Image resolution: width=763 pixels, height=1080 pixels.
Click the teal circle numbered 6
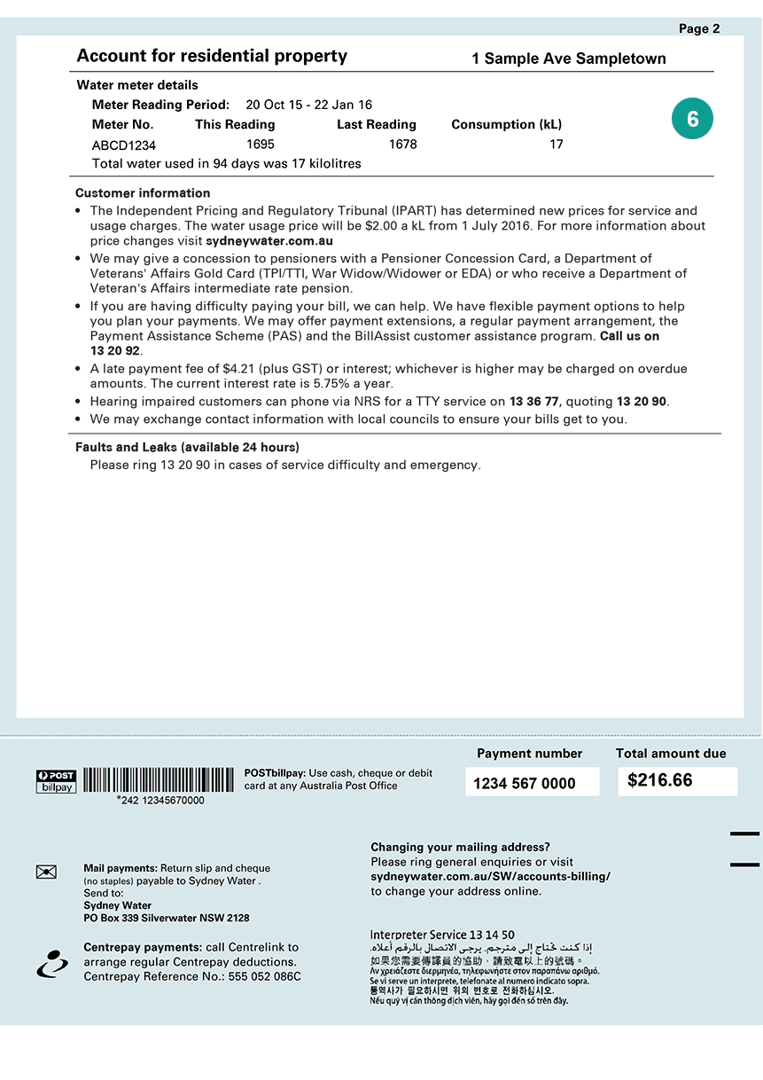click(692, 120)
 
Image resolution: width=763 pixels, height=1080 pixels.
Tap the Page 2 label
click(698, 28)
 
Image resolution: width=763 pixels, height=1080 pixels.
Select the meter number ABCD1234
click(124, 145)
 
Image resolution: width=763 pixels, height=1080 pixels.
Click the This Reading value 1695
click(260, 144)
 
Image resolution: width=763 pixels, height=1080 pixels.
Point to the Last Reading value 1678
click(402, 144)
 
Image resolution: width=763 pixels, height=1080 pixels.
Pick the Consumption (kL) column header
click(506, 124)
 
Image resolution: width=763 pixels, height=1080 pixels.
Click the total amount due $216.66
click(660, 780)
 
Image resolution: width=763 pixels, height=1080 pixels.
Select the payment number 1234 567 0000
click(524, 783)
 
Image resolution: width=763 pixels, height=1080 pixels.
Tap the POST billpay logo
click(56, 780)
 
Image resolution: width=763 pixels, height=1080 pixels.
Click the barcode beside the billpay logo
click(159, 779)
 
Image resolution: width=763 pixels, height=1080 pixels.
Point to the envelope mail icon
click(46, 872)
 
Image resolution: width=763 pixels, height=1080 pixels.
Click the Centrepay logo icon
click(52, 963)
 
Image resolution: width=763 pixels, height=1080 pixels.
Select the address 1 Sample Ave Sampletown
click(568, 59)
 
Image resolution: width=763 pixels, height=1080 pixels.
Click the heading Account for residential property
click(212, 56)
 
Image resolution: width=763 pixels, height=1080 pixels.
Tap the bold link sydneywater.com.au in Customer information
click(269, 240)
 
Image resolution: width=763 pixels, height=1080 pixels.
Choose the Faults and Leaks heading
click(187, 447)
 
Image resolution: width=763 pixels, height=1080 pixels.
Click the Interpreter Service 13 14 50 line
click(441, 935)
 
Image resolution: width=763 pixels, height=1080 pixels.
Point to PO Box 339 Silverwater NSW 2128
click(167, 918)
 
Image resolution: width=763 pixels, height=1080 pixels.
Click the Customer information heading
click(143, 192)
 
